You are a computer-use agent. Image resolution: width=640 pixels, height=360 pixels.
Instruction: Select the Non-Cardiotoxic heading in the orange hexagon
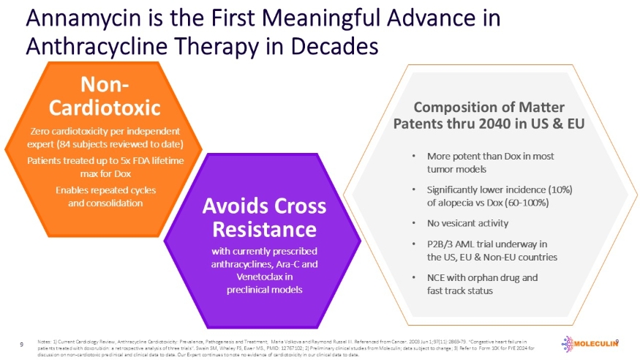[x=104, y=97]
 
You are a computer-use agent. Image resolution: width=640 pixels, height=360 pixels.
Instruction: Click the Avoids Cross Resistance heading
[x=264, y=217]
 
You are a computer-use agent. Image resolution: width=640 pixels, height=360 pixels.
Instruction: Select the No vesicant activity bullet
[x=467, y=223]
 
